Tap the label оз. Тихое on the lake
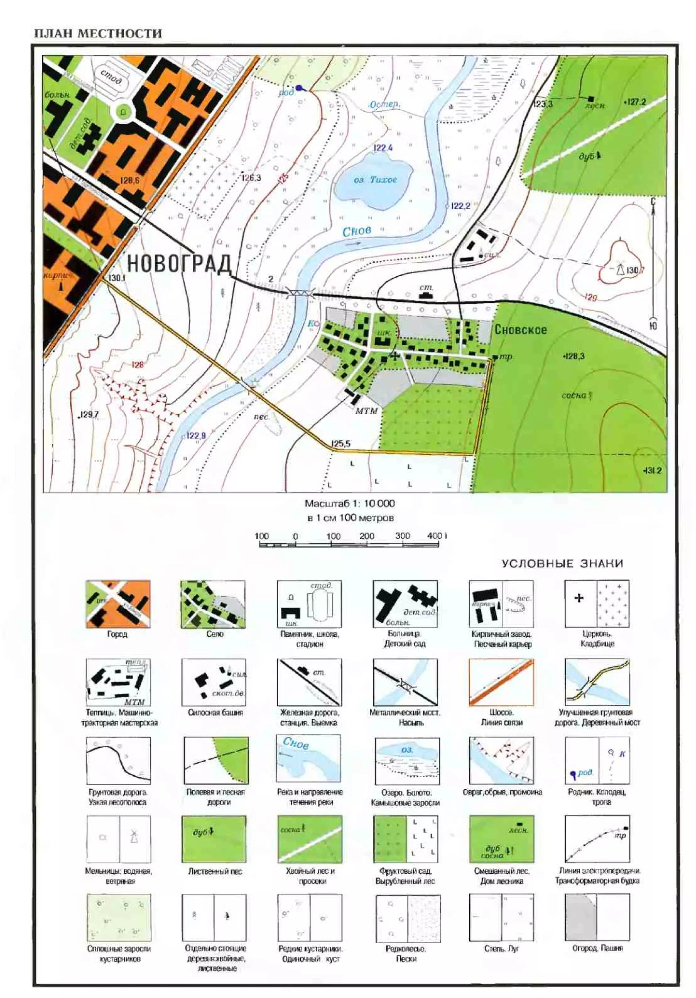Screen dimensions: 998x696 [375, 179]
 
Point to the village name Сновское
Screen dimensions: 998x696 [520, 330]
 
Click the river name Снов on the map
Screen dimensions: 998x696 [356, 231]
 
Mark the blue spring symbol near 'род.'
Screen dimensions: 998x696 [299, 88]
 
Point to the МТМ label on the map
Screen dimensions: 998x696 [366, 411]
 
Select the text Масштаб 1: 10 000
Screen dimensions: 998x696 [349, 504]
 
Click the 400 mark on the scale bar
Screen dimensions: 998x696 [435, 536]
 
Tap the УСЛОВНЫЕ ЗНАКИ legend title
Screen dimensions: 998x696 [562, 564]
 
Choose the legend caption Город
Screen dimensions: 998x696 [117, 634]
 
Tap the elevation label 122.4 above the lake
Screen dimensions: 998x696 [383, 148]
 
